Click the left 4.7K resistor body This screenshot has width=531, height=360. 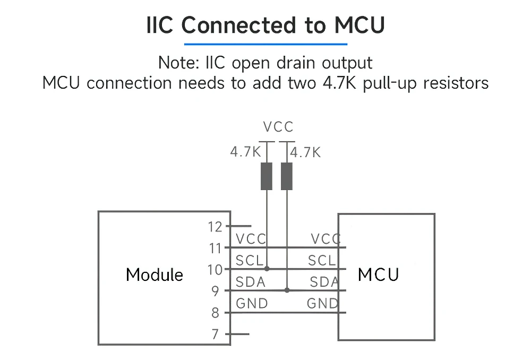[x=267, y=176]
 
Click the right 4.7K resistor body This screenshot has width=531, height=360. [x=287, y=176]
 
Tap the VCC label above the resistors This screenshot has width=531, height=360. [x=278, y=127]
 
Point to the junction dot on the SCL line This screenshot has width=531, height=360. [x=267, y=269]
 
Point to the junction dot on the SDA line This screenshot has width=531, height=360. [x=287, y=290]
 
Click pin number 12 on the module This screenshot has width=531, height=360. [x=215, y=227]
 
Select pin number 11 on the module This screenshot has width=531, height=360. [x=215, y=248]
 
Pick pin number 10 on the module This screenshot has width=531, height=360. [x=215, y=270]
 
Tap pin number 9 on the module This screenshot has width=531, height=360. [x=215, y=291]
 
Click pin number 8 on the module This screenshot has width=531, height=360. [x=215, y=313]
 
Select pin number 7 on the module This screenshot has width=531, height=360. [x=215, y=335]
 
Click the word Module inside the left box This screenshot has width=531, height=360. [x=155, y=275]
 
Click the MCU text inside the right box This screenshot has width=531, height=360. [x=379, y=275]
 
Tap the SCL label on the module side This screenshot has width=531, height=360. [x=250, y=261]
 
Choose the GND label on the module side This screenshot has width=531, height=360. [x=252, y=304]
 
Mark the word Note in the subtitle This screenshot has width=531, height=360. [x=179, y=63]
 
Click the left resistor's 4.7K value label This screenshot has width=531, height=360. [x=245, y=152]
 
